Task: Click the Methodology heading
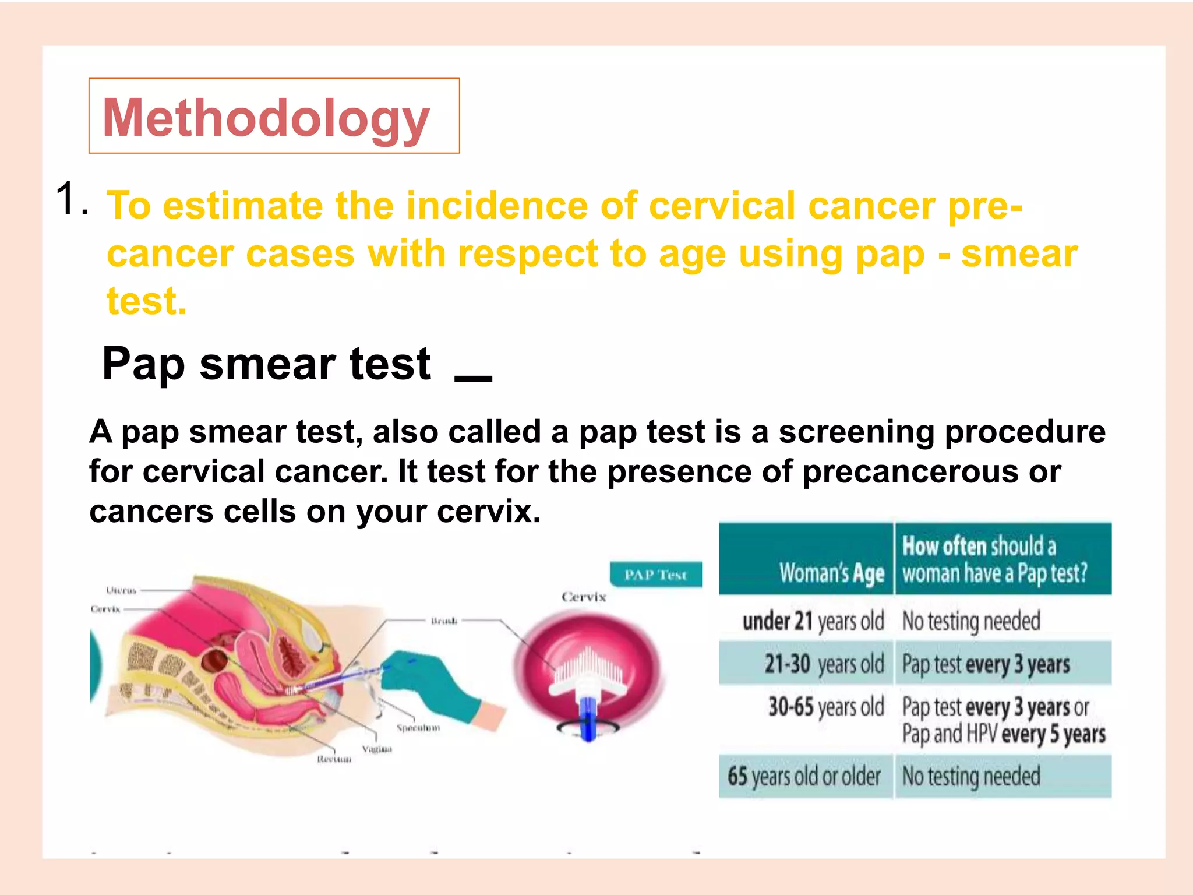(x=266, y=118)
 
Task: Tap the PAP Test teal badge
(x=655, y=575)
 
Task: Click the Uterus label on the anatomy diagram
(x=121, y=590)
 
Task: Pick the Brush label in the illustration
(x=444, y=621)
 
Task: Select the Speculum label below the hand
(x=418, y=728)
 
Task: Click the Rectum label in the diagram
(x=334, y=759)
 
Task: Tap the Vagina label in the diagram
(x=377, y=749)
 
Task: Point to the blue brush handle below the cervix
(x=588, y=717)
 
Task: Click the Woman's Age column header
(x=832, y=573)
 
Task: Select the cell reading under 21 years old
(x=813, y=621)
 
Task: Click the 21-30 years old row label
(x=824, y=664)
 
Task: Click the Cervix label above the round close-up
(x=584, y=597)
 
